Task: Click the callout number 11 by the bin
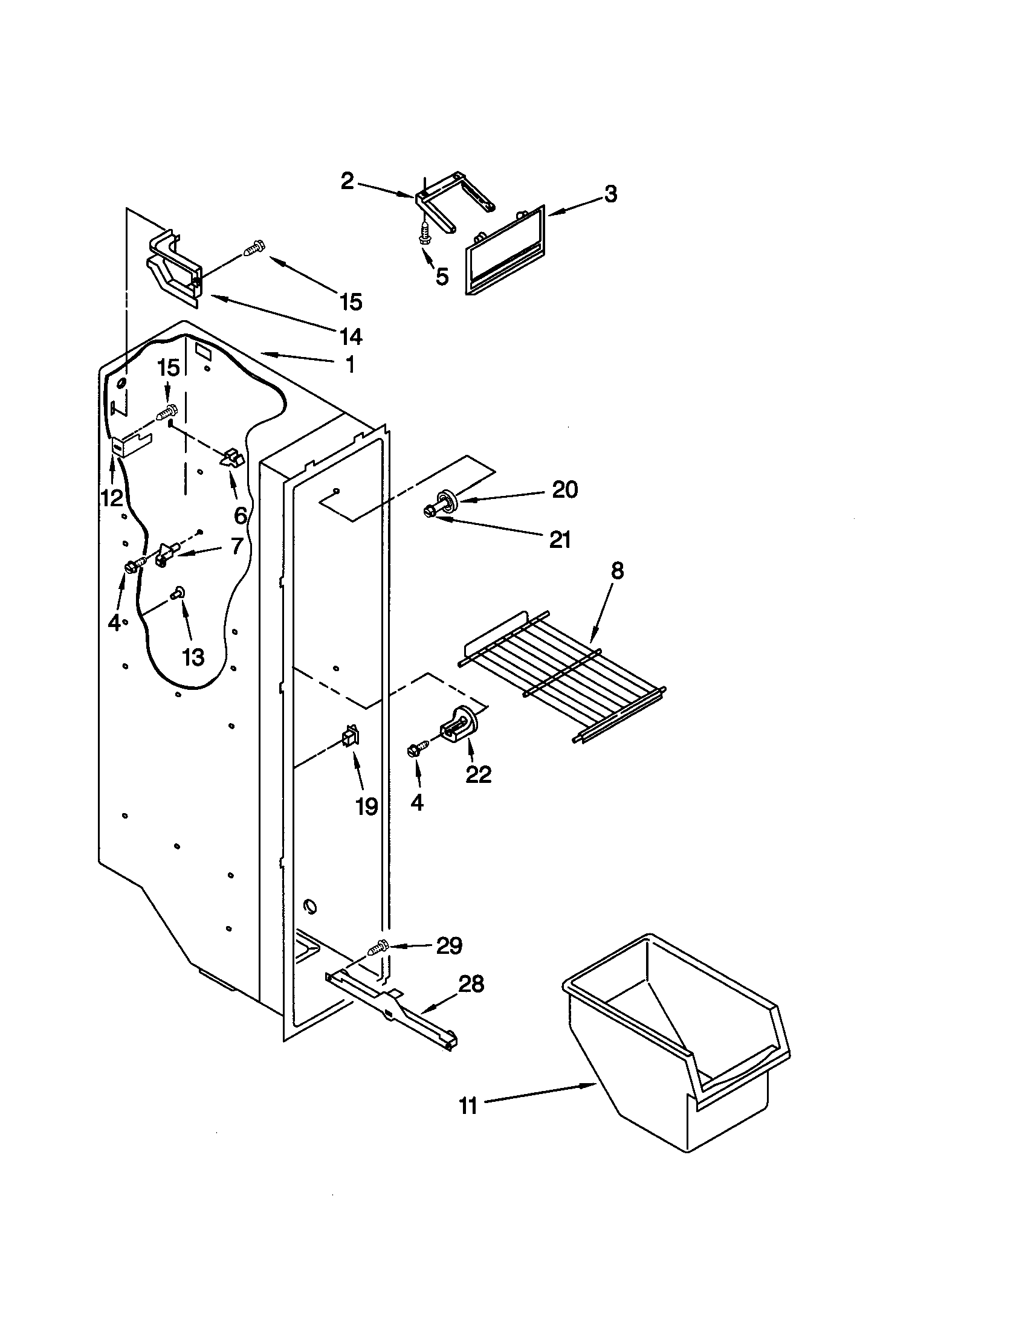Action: pos(467,1105)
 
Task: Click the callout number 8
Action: pos(616,571)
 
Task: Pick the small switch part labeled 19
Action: pos(351,738)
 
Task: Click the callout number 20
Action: pos(564,490)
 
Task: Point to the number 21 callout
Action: pos(560,539)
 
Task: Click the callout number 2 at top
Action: pos(347,181)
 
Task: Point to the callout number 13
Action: pos(193,657)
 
